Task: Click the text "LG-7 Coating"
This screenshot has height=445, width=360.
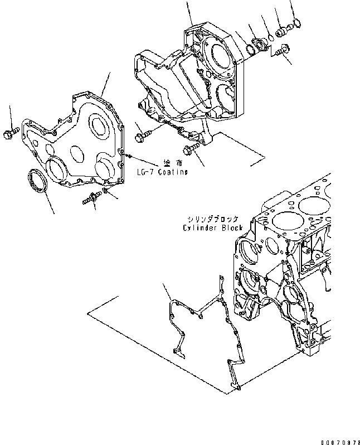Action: pos(162,172)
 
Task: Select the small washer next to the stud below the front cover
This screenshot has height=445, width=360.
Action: pos(106,193)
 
